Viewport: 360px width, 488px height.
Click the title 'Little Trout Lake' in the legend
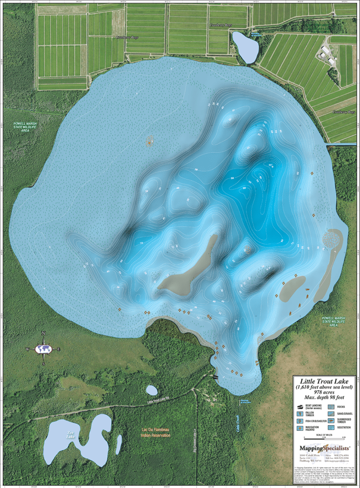click(324, 381)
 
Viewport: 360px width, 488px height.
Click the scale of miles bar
click(324, 438)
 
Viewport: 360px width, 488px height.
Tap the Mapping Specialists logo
click(324, 448)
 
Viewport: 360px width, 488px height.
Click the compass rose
click(43, 349)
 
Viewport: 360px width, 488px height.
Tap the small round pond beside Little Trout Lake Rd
click(152, 390)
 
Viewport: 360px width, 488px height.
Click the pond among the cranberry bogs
click(245, 47)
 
